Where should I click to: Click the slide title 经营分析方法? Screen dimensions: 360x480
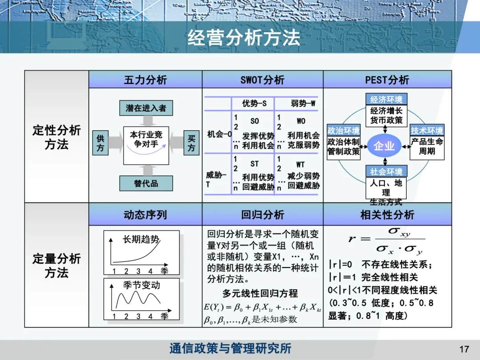click(x=244, y=38)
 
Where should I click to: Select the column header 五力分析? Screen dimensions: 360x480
click(x=145, y=80)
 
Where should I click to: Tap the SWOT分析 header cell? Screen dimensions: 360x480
click(x=262, y=80)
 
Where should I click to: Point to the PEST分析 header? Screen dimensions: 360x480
click(x=387, y=80)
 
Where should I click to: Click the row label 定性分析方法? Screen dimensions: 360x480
click(x=56, y=137)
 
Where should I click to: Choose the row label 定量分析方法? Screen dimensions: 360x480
click(x=56, y=265)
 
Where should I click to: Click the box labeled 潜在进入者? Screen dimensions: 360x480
click(x=146, y=108)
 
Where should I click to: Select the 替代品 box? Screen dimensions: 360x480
click(x=146, y=183)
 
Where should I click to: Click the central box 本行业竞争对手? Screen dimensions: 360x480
click(x=146, y=139)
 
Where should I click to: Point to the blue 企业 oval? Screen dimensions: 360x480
click(x=384, y=146)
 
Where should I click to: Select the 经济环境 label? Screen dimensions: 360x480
click(x=386, y=99)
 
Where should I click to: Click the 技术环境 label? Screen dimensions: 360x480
click(x=427, y=131)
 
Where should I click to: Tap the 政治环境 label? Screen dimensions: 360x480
click(x=343, y=131)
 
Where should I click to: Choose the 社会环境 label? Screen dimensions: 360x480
click(x=386, y=172)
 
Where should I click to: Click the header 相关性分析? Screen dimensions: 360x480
click(x=387, y=215)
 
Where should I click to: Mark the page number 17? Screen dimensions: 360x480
click(x=464, y=349)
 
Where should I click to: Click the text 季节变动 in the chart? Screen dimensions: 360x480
click(x=141, y=285)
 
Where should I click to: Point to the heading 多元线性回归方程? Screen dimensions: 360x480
click(x=260, y=294)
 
